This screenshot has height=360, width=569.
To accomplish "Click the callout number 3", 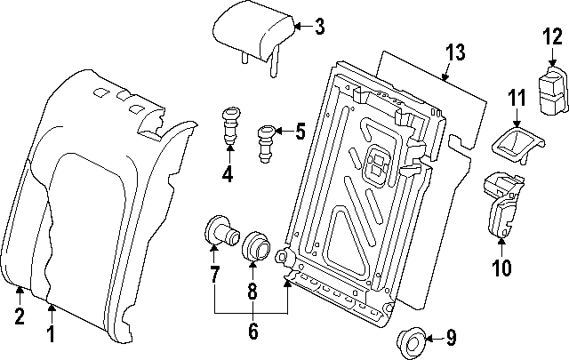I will pos(321,26).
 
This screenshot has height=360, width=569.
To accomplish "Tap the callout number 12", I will pos(552,36).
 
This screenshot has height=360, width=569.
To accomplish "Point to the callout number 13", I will pos(454,54).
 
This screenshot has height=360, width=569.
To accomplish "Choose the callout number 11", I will pos(517,98).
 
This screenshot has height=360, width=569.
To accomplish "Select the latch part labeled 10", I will pos(501,205).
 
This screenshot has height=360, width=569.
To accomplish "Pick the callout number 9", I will pos(451,338).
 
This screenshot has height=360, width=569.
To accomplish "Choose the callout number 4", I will pos(228,175).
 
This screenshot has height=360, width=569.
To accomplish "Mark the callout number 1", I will pos(51,333).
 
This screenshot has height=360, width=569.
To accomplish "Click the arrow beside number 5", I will pos(284,132).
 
